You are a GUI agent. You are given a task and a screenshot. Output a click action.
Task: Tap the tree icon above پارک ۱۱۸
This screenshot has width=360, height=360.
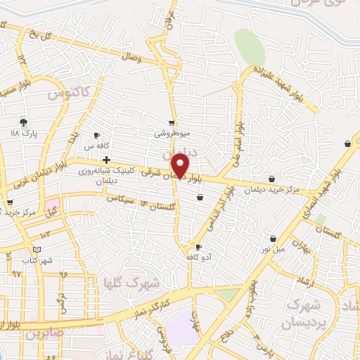[24, 122]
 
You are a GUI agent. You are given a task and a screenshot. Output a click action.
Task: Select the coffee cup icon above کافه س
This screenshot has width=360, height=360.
[97, 136]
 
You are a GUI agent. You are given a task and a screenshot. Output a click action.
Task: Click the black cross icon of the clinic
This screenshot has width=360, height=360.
[106, 160]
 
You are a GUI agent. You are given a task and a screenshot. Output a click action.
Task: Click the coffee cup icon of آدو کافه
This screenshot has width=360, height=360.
[199, 247]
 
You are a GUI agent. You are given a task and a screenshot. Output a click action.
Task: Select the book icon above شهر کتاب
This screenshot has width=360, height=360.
[37, 249]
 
